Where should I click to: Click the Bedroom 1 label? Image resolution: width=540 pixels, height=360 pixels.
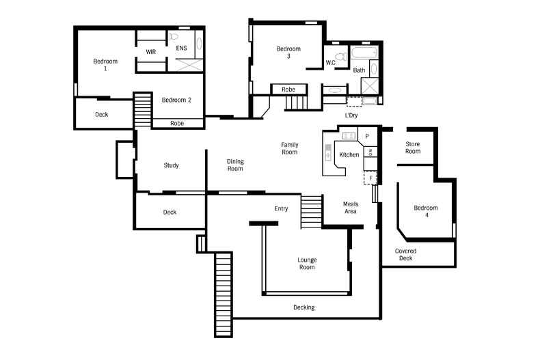(x=105, y=65)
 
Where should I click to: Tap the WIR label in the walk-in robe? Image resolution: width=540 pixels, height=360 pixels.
(x=150, y=52)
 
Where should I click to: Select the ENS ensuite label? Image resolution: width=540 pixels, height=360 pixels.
(x=181, y=49)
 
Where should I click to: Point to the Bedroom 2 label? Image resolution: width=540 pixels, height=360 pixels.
(x=176, y=100)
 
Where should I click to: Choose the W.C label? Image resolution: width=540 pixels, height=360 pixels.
(x=330, y=63)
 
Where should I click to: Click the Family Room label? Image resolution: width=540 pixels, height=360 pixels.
(x=289, y=148)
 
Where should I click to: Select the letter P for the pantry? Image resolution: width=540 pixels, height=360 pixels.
(x=366, y=137)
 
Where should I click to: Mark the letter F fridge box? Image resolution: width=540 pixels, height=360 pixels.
(x=371, y=178)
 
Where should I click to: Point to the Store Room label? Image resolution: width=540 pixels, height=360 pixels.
(x=412, y=148)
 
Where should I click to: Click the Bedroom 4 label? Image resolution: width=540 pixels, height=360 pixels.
(x=426, y=212)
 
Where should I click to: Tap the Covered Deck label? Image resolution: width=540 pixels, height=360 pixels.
(x=405, y=255)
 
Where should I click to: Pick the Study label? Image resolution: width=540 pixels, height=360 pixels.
(x=171, y=165)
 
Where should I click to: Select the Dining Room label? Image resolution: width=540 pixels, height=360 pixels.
(x=235, y=165)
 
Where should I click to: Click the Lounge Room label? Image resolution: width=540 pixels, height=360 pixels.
(x=307, y=263)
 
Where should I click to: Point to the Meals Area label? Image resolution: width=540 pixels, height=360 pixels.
(x=350, y=208)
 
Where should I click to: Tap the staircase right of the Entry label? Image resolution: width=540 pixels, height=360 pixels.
(x=311, y=212)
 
